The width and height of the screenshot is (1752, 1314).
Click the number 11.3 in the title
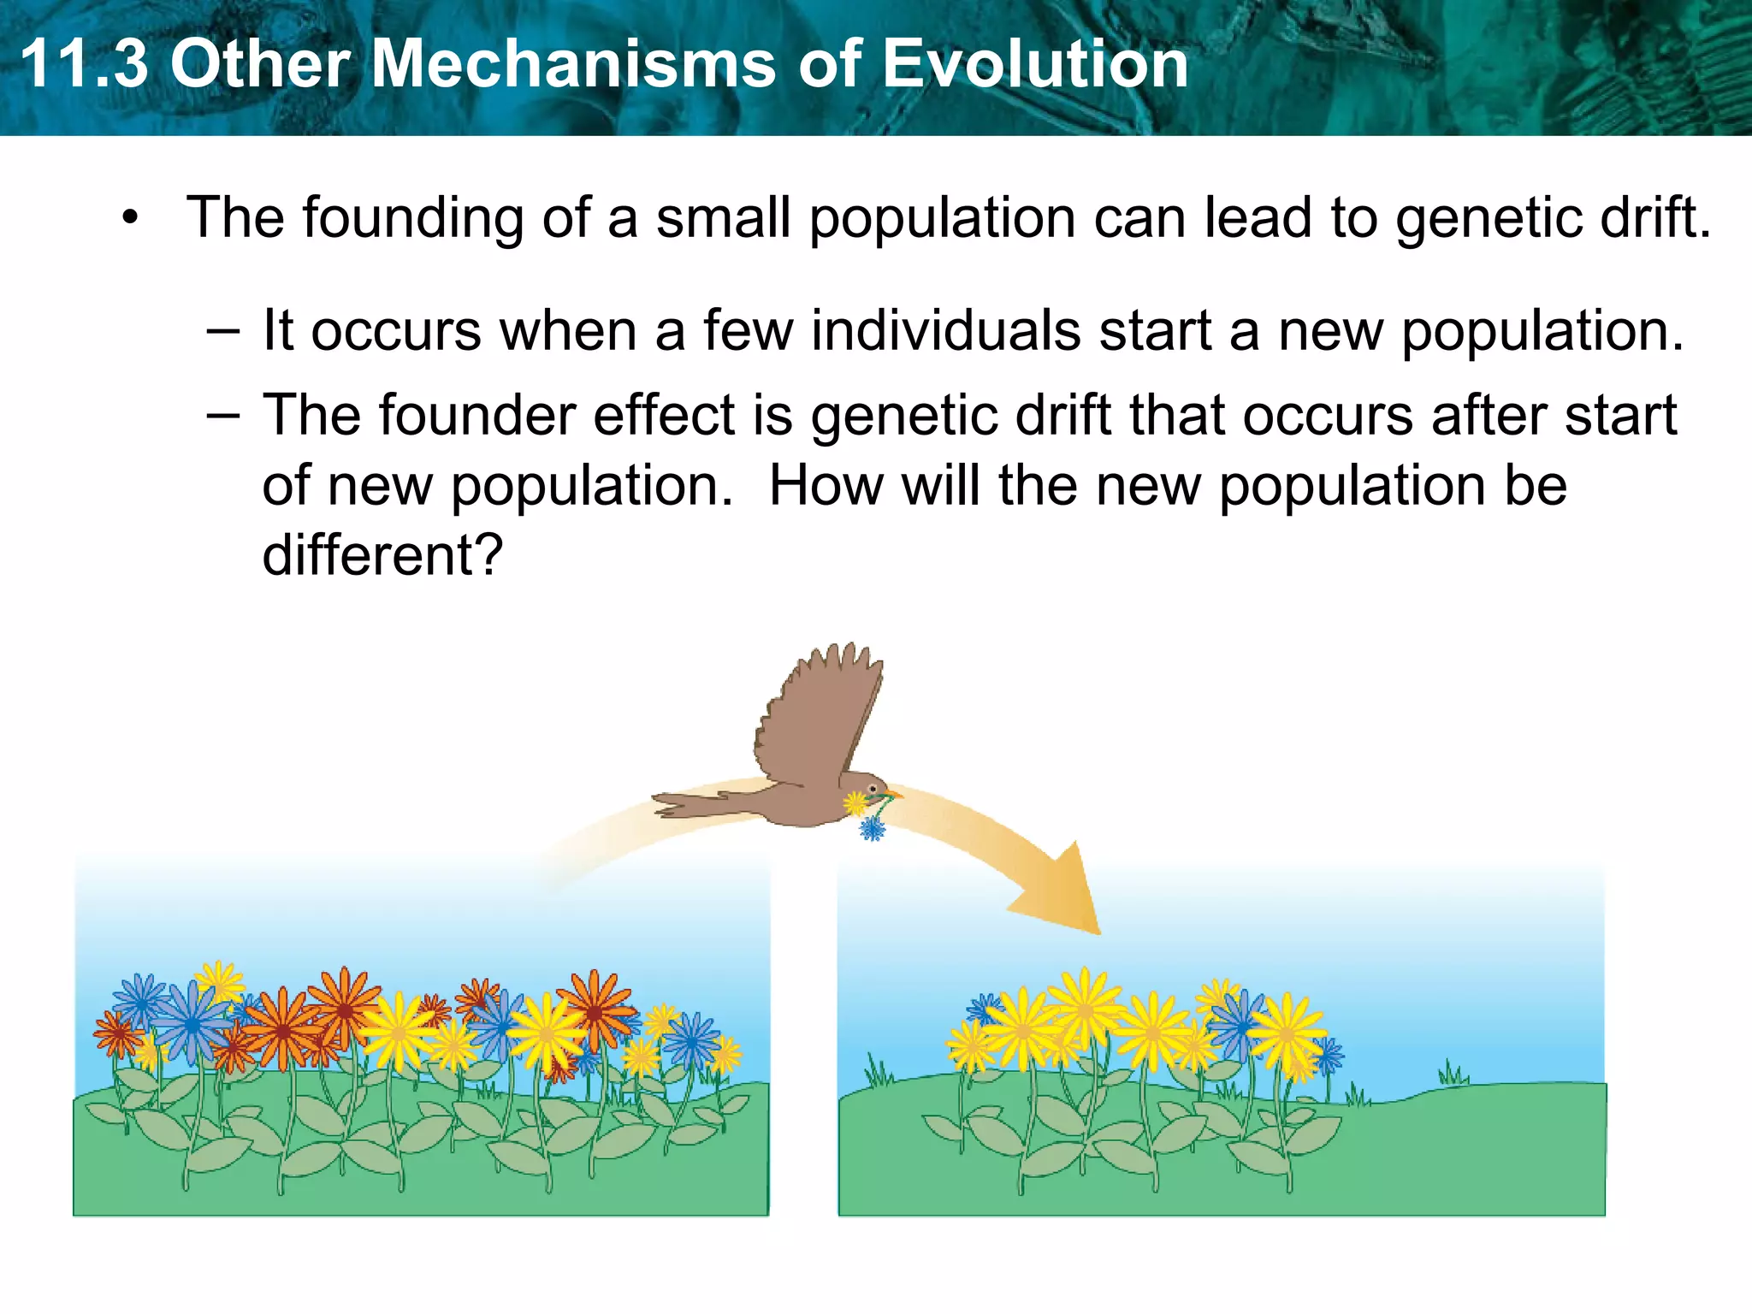pyautogui.click(x=83, y=64)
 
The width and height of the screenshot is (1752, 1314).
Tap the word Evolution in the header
pyautogui.click(x=1034, y=64)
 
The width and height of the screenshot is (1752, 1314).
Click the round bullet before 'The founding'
pyautogui.click(x=129, y=217)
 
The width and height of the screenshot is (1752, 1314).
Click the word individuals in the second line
pyautogui.click(x=945, y=330)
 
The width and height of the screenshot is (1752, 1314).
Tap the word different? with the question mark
pyautogui.click(x=382, y=555)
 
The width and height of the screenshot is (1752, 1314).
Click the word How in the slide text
pyautogui.click(x=826, y=486)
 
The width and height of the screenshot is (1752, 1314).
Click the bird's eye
pyautogui.click(x=873, y=787)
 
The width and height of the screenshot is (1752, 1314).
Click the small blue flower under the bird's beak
pyautogui.click(x=873, y=828)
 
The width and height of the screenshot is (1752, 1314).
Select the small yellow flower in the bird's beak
pyautogui.click(x=855, y=803)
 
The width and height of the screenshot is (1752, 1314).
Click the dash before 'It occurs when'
pyautogui.click(x=222, y=332)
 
